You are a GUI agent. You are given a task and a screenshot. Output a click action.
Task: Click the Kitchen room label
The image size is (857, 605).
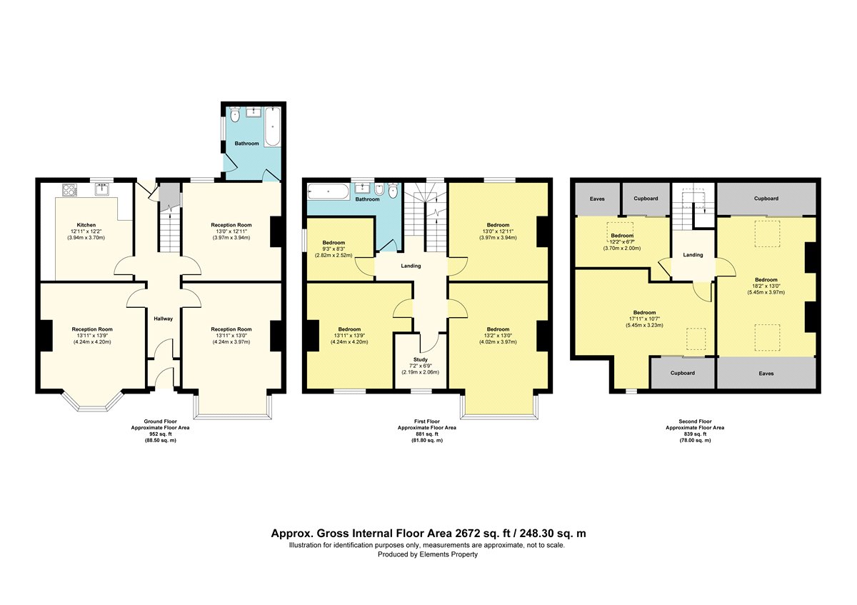86,225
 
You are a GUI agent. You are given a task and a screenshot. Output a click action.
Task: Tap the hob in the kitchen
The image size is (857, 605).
70,190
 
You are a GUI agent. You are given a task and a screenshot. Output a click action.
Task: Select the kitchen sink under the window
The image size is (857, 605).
101,189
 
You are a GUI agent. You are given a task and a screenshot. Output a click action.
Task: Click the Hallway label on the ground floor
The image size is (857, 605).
164,319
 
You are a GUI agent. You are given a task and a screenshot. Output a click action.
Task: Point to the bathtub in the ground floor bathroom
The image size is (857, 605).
272,126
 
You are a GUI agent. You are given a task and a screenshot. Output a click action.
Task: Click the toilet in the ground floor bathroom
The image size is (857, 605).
235,115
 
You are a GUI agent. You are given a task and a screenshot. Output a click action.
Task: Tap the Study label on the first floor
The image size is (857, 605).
421,360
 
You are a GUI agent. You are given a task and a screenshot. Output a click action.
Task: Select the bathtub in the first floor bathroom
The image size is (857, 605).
329,191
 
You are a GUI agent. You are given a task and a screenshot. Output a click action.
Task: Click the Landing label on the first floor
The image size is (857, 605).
411,266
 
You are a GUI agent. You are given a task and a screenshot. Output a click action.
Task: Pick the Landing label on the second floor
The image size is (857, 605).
693,255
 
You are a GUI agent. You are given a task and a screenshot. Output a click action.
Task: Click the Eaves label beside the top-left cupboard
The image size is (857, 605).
597,199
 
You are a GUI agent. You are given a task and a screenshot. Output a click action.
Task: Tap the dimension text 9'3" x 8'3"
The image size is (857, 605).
334,249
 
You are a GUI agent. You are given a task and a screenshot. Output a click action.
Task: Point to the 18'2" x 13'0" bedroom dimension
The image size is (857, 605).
766,286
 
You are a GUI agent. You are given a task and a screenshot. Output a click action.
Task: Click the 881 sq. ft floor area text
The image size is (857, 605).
427,434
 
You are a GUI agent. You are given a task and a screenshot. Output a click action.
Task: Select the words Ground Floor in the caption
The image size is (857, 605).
160,421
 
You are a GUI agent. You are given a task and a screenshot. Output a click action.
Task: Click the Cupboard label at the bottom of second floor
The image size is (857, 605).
683,373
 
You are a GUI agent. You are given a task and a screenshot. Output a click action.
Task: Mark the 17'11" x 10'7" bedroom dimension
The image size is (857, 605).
644,319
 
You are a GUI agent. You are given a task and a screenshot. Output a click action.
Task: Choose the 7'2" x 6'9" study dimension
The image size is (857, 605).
420,366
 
